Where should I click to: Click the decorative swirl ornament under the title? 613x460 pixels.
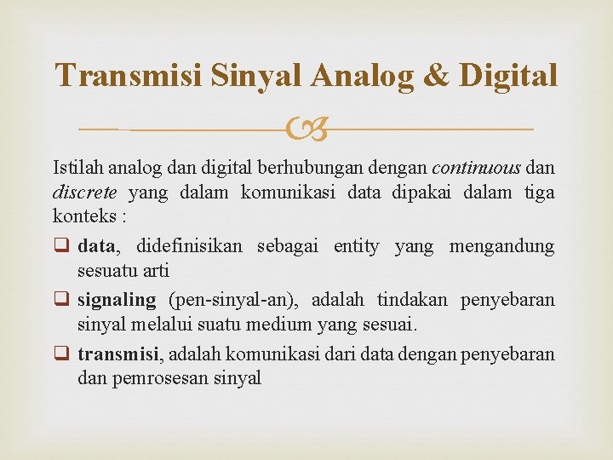(306, 129)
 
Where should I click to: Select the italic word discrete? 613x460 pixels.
(83, 192)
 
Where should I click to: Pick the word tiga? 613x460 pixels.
(538, 192)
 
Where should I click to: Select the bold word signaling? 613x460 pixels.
(117, 300)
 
